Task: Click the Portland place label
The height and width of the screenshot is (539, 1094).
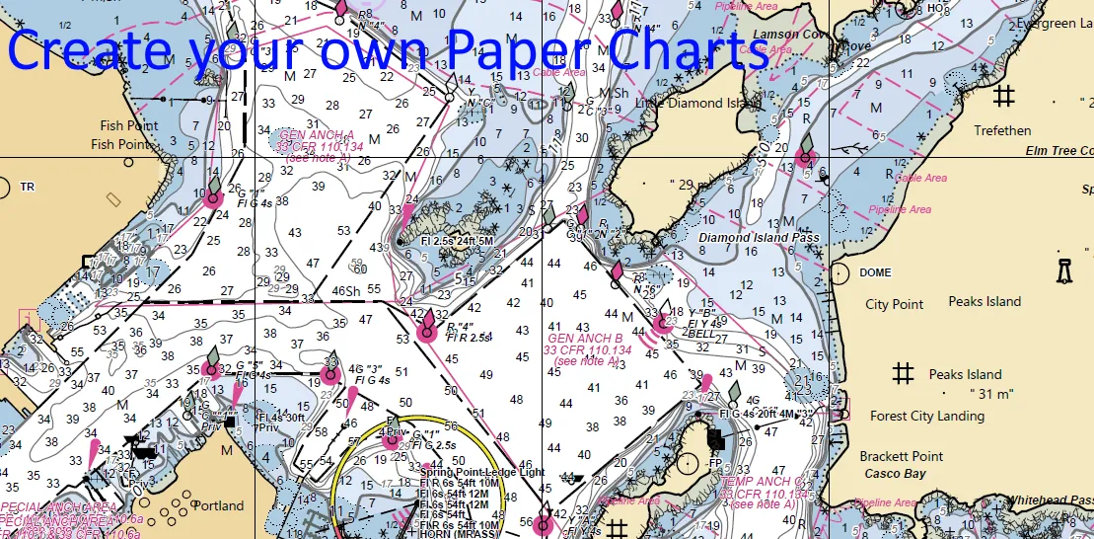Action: [x=218, y=505]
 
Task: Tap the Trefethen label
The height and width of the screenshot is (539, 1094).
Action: [x=1002, y=130]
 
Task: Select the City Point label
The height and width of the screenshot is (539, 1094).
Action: [x=895, y=304]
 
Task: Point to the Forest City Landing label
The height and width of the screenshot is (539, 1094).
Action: [x=928, y=416]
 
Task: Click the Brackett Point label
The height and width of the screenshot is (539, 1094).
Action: [x=901, y=456]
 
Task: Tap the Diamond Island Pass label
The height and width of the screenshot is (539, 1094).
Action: [x=759, y=237]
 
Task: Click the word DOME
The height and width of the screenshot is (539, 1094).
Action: [x=875, y=272]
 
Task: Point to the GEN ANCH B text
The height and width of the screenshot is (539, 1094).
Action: [x=585, y=339]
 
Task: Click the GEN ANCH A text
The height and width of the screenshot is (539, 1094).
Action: [x=316, y=134]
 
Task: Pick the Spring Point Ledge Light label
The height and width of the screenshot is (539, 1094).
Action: [x=481, y=473]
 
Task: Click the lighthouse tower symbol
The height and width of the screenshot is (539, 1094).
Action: [x=1063, y=270]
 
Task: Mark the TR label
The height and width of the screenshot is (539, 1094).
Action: [x=27, y=187]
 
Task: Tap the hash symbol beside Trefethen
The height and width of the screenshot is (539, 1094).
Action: [x=1004, y=96]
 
